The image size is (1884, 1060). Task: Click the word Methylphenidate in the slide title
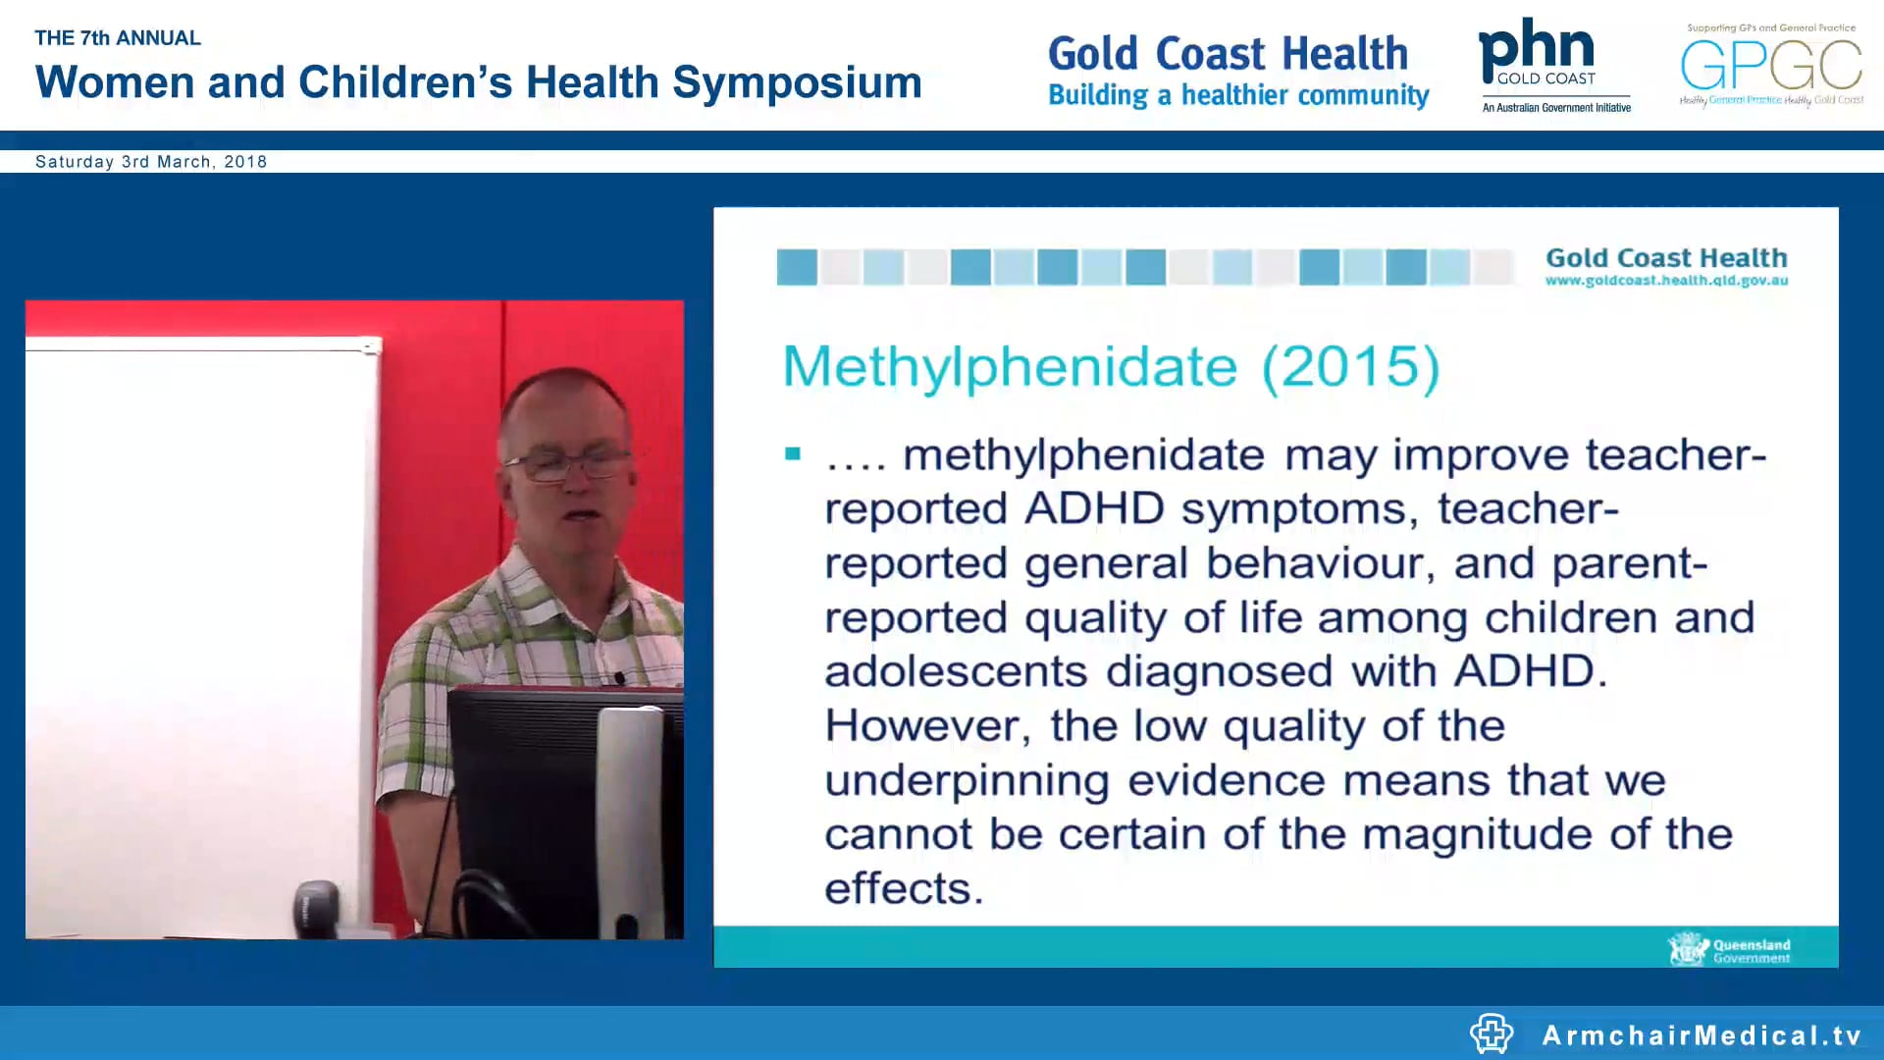coord(1009,367)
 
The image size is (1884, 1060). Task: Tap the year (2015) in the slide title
coord(1350,367)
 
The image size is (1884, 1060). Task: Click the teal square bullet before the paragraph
coord(793,453)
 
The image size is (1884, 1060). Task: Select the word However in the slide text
coord(926,726)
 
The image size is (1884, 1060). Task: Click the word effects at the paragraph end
coord(903,888)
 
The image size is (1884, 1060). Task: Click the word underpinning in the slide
coord(967,780)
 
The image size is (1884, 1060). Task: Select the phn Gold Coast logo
coord(1553,65)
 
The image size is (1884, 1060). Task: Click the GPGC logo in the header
coord(1771,65)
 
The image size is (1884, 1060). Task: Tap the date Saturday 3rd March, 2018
coord(151,162)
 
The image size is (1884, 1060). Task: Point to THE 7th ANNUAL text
coord(118,38)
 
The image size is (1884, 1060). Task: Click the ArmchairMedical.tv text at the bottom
coord(1701,1034)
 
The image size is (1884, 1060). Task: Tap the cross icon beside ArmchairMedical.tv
coord(1491,1033)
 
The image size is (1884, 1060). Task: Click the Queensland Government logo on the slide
coord(1729,949)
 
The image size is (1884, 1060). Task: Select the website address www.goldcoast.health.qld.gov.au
coord(1666,281)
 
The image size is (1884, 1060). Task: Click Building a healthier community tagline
coord(1238,95)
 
